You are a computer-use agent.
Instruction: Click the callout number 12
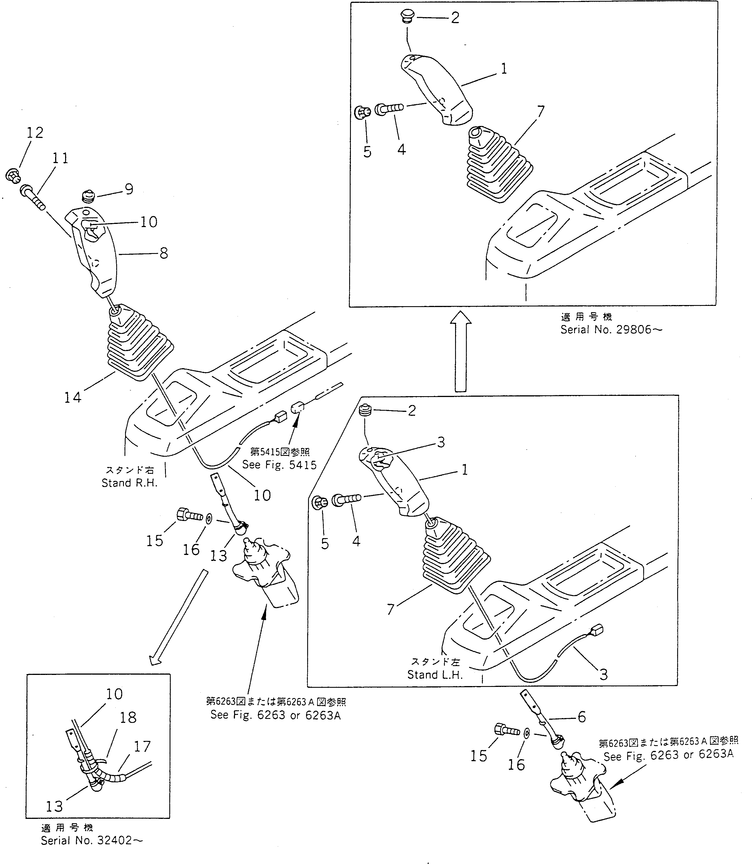click(x=35, y=133)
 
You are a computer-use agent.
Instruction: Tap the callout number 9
click(x=129, y=189)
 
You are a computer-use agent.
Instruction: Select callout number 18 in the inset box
click(x=128, y=717)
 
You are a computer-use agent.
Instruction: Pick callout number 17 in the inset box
click(x=142, y=746)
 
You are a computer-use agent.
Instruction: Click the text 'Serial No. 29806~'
click(x=611, y=330)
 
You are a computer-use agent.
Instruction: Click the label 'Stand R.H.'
click(x=129, y=483)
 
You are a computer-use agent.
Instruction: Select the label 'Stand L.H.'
click(x=435, y=675)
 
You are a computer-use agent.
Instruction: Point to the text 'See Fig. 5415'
click(x=279, y=465)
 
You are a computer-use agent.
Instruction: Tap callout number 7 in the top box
click(x=540, y=111)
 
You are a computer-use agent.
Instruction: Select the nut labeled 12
click(x=13, y=175)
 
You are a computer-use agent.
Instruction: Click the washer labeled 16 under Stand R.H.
click(x=209, y=519)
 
